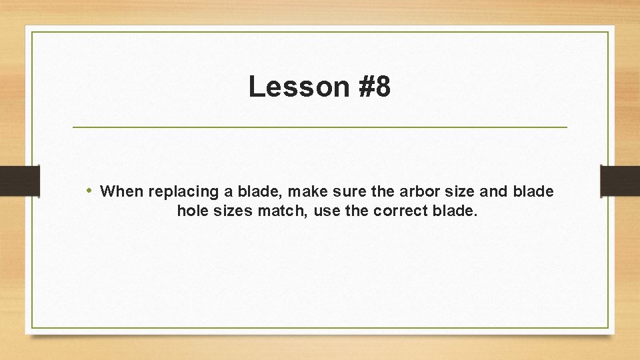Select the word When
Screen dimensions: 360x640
coord(122,192)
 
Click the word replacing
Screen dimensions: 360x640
coord(183,192)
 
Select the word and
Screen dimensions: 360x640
coord(494,192)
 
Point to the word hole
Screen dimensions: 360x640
coord(193,212)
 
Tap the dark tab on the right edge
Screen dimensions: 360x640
coord(620,181)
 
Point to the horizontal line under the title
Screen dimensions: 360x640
coord(319,127)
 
